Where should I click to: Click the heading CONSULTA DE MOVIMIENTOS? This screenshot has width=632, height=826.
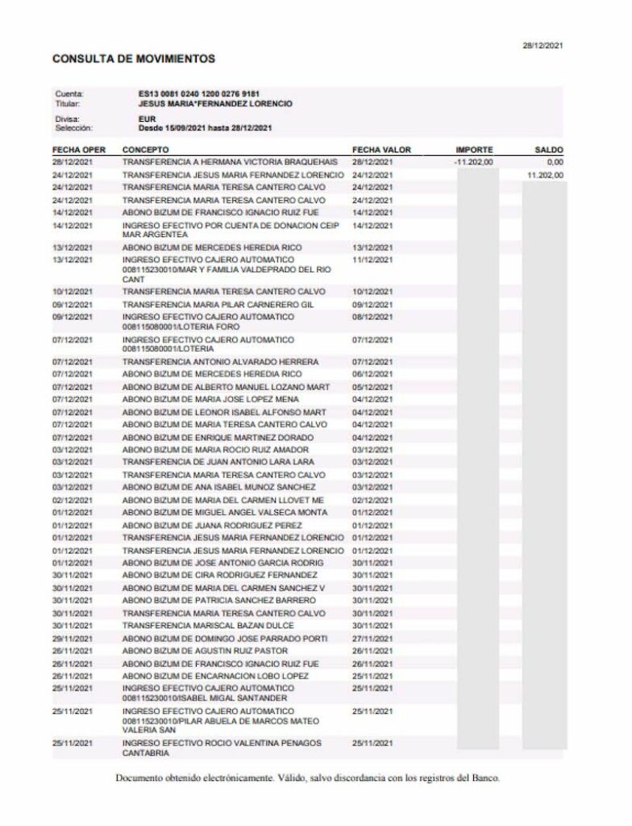tap(134, 59)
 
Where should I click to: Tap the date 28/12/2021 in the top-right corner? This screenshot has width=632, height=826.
tap(543, 45)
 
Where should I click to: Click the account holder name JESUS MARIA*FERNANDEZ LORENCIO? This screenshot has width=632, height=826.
tap(215, 104)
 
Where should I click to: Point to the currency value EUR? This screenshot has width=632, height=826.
tap(146, 119)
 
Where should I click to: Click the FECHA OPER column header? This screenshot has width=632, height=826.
tap(79, 150)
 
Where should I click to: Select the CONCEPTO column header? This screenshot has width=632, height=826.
tap(145, 150)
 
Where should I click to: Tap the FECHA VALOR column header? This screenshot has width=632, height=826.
tap(381, 150)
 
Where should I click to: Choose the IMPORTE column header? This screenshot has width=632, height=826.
tap(474, 150)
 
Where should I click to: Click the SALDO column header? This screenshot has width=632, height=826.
tap(549, 150)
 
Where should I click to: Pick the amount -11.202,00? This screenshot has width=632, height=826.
tap(474, 162)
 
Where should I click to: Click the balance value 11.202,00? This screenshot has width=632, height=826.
tap(544, 174)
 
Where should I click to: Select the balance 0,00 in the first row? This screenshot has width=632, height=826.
tap(554, 162)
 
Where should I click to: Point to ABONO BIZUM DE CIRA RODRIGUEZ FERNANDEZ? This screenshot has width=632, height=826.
tap(219, 575)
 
